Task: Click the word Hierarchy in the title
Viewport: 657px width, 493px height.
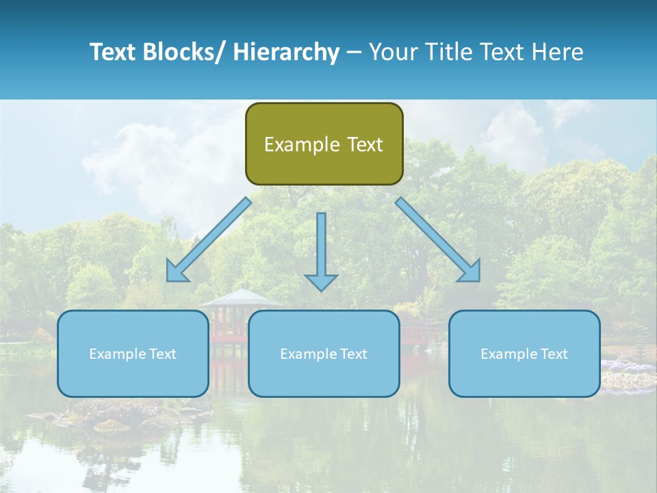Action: tap(285, 52)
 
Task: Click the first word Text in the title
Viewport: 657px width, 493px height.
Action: tap(114, 52)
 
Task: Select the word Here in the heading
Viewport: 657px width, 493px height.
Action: tap(556, 52)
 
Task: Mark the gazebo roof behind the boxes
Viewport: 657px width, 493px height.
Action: tap(241, 299)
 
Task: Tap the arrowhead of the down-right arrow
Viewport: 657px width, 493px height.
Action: tap(472, 272)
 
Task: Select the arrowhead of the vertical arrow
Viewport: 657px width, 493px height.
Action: tap(321, 281)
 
